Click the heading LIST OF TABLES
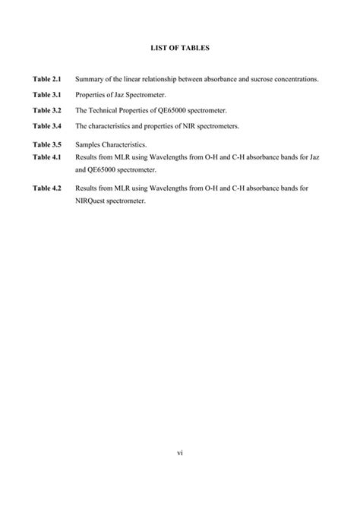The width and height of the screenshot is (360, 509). pyautogui.click(x=179, y=48)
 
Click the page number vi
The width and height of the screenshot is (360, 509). pyautogui.click(x=180, y=454)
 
